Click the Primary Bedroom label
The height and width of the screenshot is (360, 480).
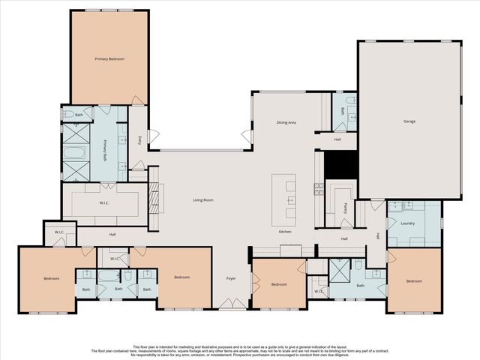[109, 58]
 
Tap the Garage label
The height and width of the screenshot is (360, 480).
[409, 121]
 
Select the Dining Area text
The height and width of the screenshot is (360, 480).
[287, 121]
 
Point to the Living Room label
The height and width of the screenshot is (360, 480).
[203, 199]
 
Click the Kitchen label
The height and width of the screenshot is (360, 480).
[285, 232]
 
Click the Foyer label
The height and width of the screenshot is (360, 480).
[231, 279]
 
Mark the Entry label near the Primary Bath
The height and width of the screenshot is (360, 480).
[140, 139]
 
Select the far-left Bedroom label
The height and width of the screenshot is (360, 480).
[51, 278]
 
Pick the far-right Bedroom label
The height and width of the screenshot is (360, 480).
[414, 281]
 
